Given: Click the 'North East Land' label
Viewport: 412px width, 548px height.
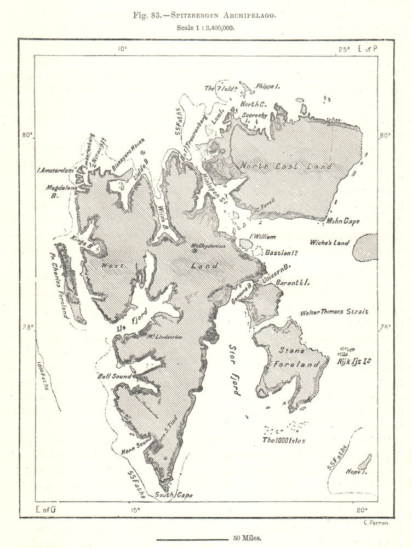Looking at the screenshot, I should pyautogui.click(x=285, y=166).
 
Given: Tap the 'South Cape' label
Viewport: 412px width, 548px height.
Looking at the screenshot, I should pyautogui.click(x=174, y=495).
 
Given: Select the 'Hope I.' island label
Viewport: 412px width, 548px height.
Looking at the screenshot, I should pyautogui.click(x=356, y=471).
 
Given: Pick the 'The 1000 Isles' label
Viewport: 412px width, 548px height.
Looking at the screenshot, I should pyautogui.click(x=283, y=440).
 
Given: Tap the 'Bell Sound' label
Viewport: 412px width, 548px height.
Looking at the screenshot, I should pyautogui.click(x=115, y=376).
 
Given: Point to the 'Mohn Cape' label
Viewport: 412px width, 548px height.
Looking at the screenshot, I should pyautogui.click(x=343, y=221).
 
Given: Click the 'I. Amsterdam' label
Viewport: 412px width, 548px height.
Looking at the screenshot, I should pyautogui.click(x=55, y=170).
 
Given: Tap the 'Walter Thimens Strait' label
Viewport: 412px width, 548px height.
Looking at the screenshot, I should pyautogui.click(x=334, y=312).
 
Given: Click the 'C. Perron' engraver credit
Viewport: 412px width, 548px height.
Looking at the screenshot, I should pyautogui.click(x=375, y=523).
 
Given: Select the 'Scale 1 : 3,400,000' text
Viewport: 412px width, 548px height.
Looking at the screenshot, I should pyautogui.click(x=205, y=28).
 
